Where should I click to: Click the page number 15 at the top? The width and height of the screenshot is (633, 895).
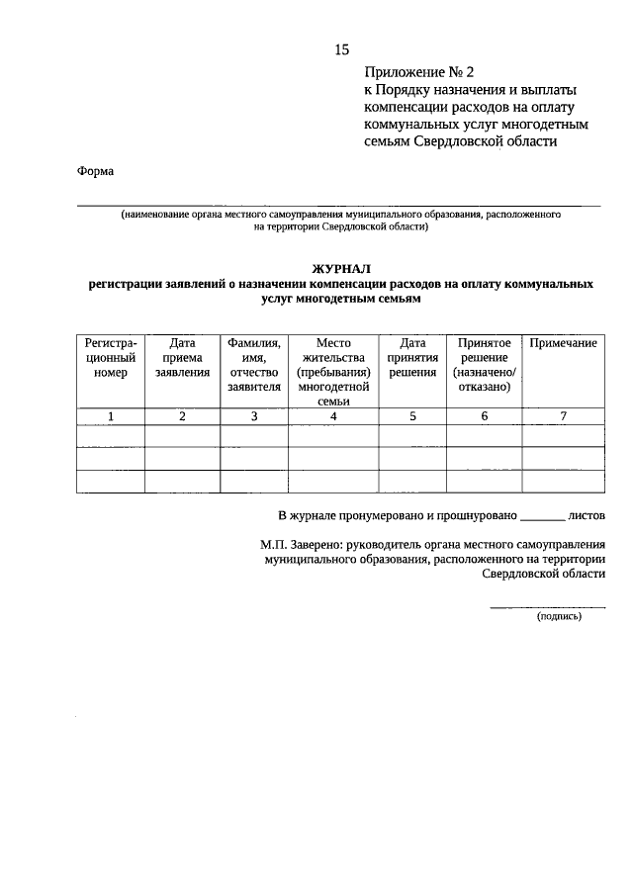[x=342, y=48]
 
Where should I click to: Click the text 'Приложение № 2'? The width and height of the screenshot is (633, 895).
[x=419, y=72]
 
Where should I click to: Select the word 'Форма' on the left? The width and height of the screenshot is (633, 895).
[x=95, y=171]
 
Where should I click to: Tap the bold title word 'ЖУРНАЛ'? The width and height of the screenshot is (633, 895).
[x=341, y=268]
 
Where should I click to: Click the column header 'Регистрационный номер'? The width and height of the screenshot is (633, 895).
[x=111, y=358]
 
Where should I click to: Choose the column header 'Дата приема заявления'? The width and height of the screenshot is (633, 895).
[x=182, y=358]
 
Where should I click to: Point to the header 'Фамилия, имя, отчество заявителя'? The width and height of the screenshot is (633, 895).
[x=254, y=365]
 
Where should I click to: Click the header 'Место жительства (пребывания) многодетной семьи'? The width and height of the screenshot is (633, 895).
[x=333, y=372]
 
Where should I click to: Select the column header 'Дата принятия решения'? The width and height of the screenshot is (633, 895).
[x=412, y=358]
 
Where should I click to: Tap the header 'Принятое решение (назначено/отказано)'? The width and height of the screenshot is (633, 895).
[x=484, y=365]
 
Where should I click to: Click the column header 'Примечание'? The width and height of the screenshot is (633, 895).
[x=563, y=343]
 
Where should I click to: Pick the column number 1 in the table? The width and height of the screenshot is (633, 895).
[x=111, y=416]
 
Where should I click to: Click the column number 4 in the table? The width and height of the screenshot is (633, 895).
[x=333, y=416]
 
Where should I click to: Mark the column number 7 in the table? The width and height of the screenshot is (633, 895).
[x=563, y=416]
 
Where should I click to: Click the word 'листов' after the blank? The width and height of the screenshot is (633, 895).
[x=588, y=515]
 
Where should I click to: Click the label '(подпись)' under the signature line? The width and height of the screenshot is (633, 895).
[x=560, y=616]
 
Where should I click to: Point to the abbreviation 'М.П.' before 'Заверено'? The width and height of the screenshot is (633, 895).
[x=274, y=544]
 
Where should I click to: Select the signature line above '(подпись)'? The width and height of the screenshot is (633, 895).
[x=548, y=606]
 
